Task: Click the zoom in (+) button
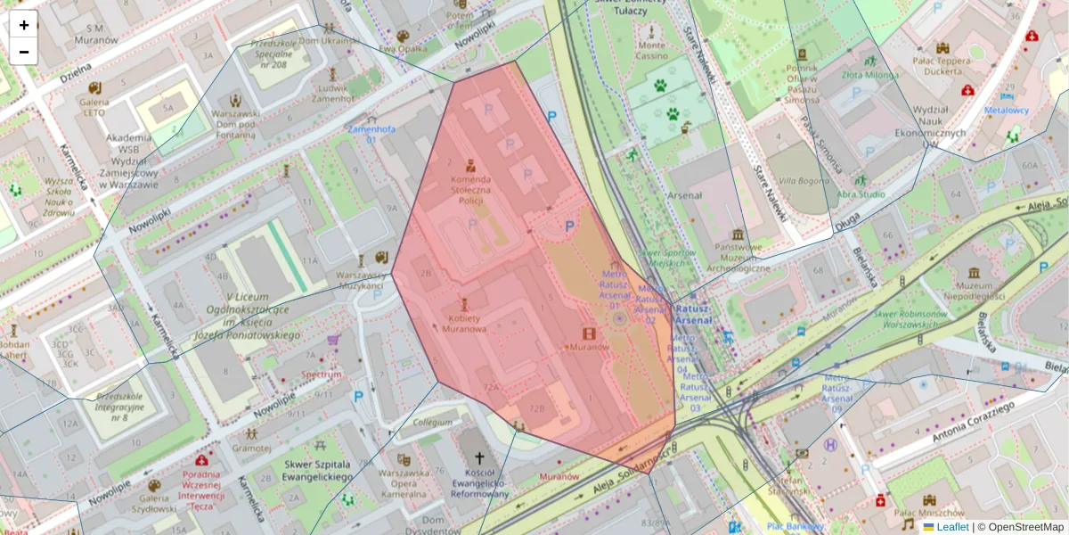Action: tap(24, 25)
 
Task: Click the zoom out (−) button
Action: tap(24, 52)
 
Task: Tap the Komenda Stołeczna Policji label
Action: tap(470, 190)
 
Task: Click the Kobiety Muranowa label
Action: tap(463, 324)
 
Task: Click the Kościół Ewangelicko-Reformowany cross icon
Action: tap(479, 457)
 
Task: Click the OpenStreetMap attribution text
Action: tap(1024, 527)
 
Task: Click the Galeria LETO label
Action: tap(94, 107)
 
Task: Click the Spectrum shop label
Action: tap(322, 374)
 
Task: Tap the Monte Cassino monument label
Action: tap(651, 51)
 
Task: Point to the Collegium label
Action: tap(433, 423)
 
